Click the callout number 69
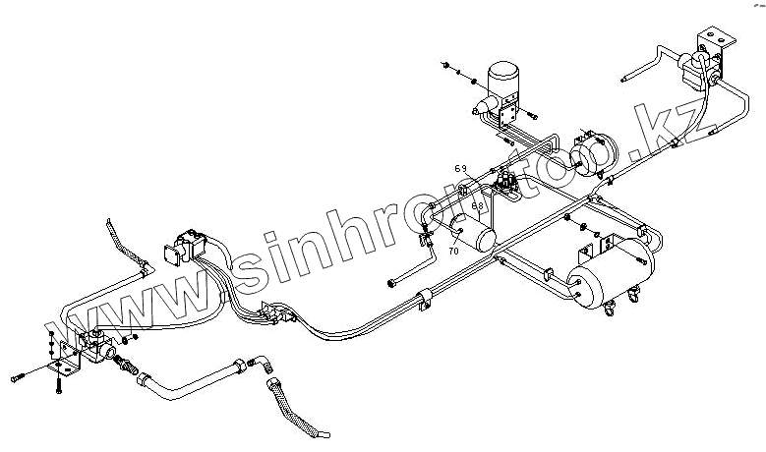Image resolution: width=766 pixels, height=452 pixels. coord(460,168)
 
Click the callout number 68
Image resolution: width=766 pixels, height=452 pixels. coord(477,206)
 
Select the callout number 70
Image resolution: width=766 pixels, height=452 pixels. coord(453,252)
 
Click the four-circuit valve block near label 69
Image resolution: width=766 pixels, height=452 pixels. coord(508,184)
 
